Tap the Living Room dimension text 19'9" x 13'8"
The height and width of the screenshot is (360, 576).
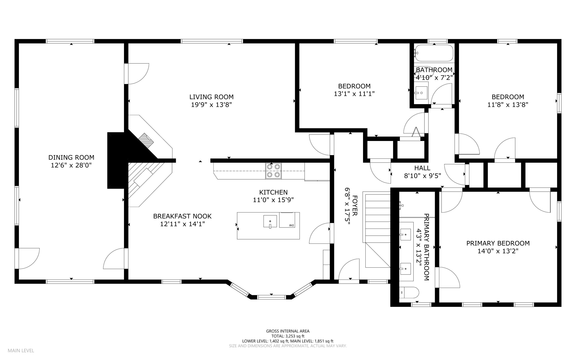click(211, 105)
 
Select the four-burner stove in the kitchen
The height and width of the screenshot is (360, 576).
click(273, 171)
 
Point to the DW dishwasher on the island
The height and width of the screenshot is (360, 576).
click(287, 220)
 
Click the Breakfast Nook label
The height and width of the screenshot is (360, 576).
click(182, 216)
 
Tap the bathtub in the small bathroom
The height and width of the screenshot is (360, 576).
click(434, 53)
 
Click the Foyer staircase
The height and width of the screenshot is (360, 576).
click(377, 230)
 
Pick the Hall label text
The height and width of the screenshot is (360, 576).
click(422, 168)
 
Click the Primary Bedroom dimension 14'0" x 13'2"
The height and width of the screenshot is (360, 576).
click(498, 251)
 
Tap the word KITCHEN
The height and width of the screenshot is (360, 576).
click(273, 192)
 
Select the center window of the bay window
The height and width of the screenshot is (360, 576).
click(272, 297)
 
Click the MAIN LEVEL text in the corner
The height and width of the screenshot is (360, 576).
click(21, 351)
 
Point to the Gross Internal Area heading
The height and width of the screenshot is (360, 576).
click(288, 331)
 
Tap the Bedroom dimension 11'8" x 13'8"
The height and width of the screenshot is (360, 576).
click(508, 105)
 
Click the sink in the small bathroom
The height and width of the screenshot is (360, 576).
click(421, 93)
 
